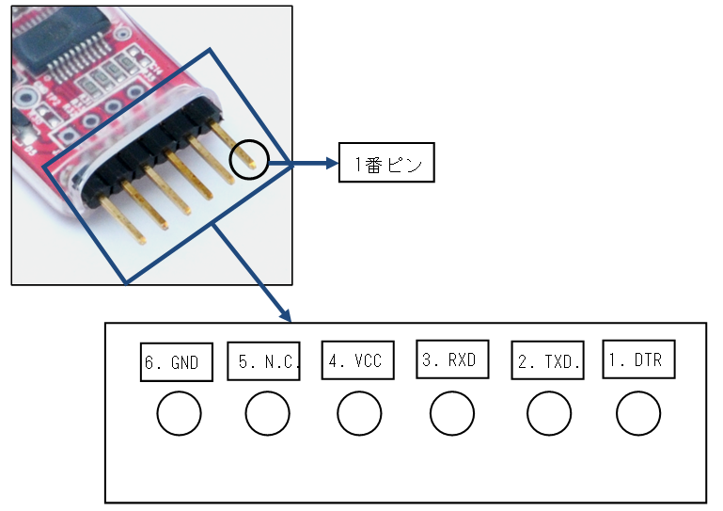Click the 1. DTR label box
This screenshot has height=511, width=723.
click(638, 359)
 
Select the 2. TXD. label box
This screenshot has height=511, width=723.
click(549, 361)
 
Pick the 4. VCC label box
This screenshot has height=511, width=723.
click(357, 359)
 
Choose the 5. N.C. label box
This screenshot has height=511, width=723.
click(263, 361)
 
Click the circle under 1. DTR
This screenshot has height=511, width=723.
click(638, 413)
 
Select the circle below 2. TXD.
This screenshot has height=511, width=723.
click(549, 413)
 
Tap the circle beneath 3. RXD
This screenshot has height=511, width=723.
click(452, 413)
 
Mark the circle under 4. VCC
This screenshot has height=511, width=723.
click(358, 413)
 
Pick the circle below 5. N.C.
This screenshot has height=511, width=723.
click(267, 413)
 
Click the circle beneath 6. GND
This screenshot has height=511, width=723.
click(178, 413)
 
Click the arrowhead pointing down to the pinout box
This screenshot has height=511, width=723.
click(285, 313)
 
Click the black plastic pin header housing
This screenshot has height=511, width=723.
click(150, 151)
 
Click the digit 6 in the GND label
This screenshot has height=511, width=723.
click(149, 363)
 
